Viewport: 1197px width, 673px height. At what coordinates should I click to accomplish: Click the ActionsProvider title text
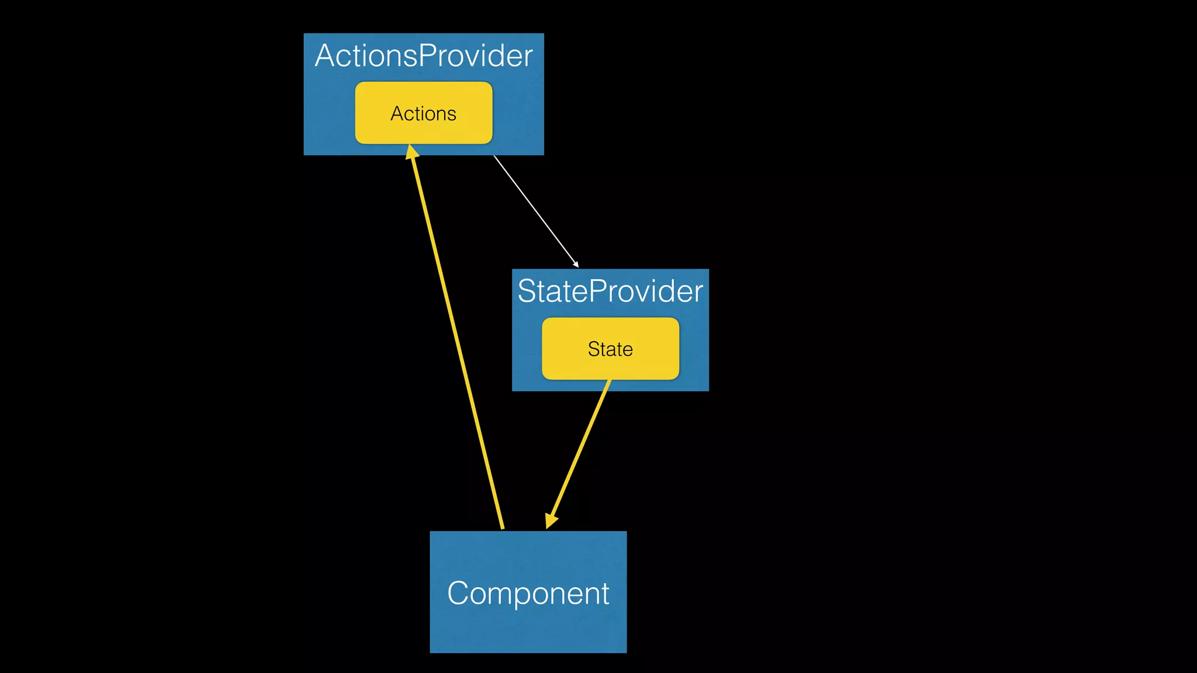pos(423,56)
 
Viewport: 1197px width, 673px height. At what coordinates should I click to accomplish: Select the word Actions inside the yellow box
pos(423,113)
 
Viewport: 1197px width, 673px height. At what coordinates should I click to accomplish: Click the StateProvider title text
pos(610,291)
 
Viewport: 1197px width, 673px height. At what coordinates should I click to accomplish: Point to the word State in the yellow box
pos(610,349)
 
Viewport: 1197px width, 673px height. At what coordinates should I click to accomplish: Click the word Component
pos(528,594)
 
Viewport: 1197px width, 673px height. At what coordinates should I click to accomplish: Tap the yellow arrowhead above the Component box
pos(551,521)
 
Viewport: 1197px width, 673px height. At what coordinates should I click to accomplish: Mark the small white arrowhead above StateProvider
pos(576,265)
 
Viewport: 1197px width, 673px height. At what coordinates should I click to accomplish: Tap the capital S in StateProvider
pos(527,291)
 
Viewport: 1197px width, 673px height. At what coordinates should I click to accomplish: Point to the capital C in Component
pos(459,594)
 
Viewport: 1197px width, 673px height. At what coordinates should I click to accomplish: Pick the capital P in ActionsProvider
pos(428,56)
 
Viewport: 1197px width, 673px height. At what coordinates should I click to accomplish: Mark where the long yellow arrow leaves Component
pos(502,528)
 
